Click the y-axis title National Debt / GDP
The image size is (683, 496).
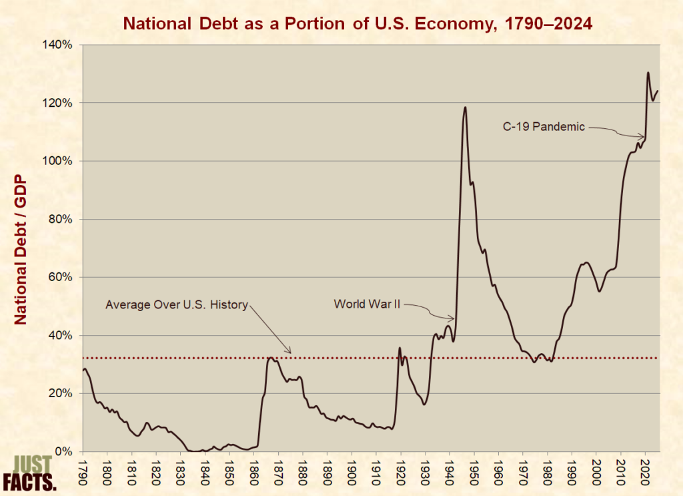coord(19,250)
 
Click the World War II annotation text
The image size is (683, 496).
coord(368,304)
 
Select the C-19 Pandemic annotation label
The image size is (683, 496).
coord(544,126)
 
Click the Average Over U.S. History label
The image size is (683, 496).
coord(177,305)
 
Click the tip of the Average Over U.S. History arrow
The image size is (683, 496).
coord(291,352)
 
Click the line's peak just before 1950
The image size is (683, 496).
coord(465,107)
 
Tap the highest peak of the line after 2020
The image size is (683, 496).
coord(648,72)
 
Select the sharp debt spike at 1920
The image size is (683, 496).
coord(400,348)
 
